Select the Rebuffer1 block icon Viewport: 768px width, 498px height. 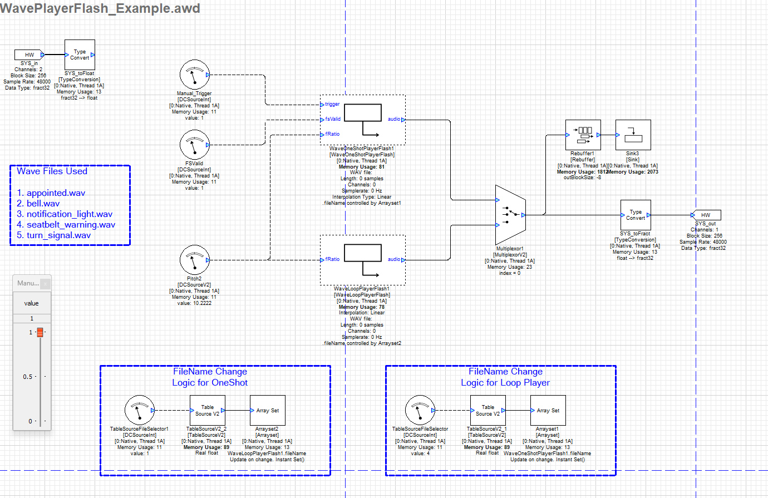point(583,135)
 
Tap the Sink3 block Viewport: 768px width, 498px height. point(633,135)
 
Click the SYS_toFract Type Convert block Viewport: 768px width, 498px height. point(636,215)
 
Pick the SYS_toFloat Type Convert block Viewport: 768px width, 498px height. point(80,55)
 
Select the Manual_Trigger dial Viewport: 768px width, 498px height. point(194,75)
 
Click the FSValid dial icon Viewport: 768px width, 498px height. point(194,145)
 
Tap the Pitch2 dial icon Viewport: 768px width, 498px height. point(194,260)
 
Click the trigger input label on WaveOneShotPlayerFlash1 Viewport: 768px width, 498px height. point(332,104)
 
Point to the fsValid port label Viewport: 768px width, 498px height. point(333,119)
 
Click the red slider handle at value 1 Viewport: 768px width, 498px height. point(40,332)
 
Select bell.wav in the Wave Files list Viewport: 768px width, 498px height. point(43,204)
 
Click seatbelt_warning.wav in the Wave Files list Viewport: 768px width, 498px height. point(71,225)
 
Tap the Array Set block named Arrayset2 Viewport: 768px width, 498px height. point(268,411)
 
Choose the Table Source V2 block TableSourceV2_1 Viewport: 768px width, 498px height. point(488,411)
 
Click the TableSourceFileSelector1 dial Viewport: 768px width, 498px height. point(139,411)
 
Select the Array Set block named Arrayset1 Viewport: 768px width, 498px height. point(548,411)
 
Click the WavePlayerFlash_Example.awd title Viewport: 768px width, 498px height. point(100,8)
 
